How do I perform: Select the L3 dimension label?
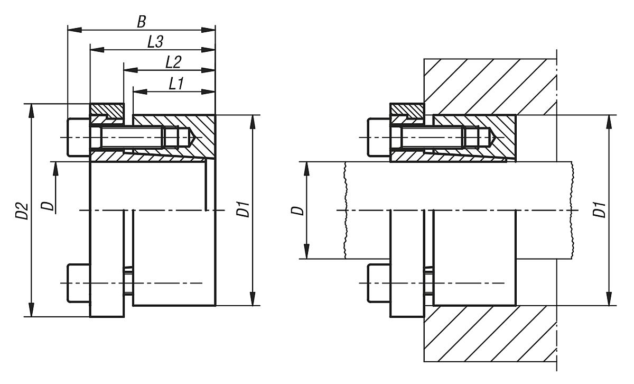pos(154,42)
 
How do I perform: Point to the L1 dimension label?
pos(176,83)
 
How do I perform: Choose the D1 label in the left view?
pos(243,211)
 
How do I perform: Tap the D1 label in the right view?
pos(599,211)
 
